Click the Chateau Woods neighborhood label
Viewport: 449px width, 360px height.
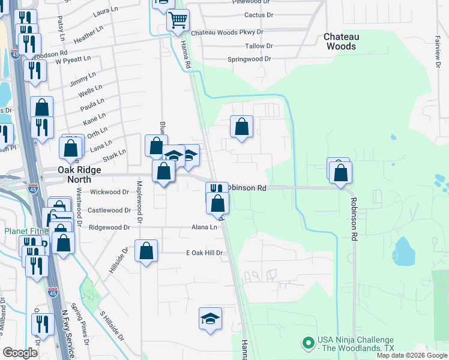(x=340, y=41)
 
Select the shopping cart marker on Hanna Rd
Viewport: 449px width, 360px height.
(x=178, y=21)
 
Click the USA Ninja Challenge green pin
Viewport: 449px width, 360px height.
(x=309, y=343)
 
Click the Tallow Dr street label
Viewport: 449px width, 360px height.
(x=259, y=46)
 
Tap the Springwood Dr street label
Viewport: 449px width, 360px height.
(x=250, y=59)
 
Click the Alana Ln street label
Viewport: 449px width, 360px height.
(x=205, y=227)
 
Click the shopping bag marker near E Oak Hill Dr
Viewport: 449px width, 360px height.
(x=146, y=251)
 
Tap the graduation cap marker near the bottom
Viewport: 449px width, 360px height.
(x=210, y=318)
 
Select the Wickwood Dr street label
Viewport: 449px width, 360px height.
(x=109, y=193)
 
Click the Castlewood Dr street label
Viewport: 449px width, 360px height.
(x=109, y=210)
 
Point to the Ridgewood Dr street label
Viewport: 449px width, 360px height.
(x=109, y=227)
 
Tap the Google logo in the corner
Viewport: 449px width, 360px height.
(x=20, y=352)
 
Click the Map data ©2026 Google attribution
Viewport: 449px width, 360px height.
(x=412, y=355)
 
